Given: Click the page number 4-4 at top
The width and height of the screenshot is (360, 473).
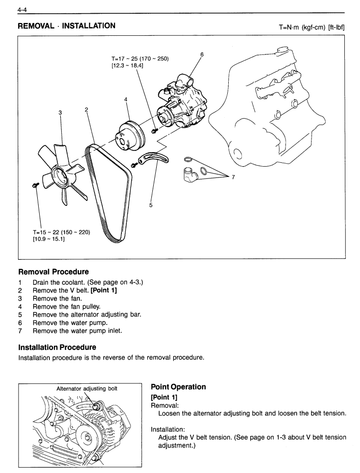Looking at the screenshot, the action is pyautogui.click(x=23, y=10).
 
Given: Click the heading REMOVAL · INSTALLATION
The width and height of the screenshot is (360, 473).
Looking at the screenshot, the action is pyautogui.click(x=67, y=26).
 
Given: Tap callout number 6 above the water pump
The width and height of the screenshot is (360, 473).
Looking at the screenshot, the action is pyautogui.click(x=202, y=54).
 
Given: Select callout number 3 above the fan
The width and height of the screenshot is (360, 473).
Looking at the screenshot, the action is pyautogui.click(x=60, y=113).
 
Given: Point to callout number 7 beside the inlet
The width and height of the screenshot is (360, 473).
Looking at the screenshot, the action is pyautogui.click(x=233, y=177).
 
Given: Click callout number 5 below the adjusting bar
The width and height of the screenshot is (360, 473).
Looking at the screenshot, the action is pyautogui.click(x=151, y=205).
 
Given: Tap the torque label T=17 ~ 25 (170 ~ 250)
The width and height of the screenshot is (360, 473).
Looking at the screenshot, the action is pyautogui.click(x=140, y=59).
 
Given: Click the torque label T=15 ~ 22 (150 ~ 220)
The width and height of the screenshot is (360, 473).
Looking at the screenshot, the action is pyautogui.click(x=62, y=232).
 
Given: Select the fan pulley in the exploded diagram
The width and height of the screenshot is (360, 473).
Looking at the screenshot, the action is pyautogui.click(x=130, y=136).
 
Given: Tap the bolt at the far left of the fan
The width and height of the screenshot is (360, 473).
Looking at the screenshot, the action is pyautogui.click(x=35, y=185).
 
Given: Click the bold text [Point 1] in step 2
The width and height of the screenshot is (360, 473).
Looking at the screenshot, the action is pyautogui.click(x=104, y=291).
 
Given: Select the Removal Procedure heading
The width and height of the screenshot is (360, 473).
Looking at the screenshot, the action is pyautogui.click(x=54, y=272).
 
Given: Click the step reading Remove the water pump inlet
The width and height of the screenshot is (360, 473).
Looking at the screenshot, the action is pyautogui.click(x=77, y=331).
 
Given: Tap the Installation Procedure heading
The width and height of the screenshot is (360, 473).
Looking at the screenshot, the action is pyautogui.click(x=57, y=347).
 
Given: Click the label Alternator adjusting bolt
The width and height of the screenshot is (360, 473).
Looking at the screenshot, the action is pyautogui.click(x=87, y=389).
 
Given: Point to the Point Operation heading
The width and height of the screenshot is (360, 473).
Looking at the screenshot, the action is pyautogui.click(x=178, y=387).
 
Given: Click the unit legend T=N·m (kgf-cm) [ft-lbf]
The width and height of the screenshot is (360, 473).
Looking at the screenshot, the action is pyautogui.click(x=312, y=27).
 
